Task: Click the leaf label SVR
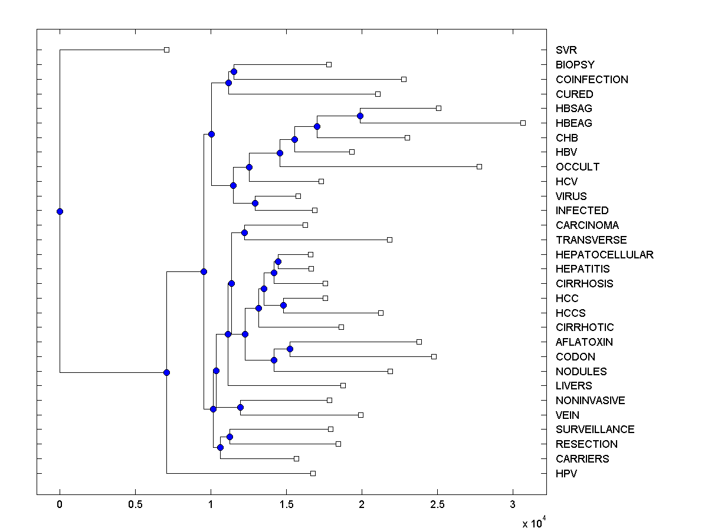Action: click(566, 50)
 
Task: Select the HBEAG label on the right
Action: click(573, 123)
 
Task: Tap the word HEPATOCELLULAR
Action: click(604, 255)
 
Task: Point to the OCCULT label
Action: click(577, 167)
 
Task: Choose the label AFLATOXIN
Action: click(584, 342)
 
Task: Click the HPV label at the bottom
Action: click(566, 474)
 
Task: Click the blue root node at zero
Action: click(60, 211)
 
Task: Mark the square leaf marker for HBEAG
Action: click(523, 123)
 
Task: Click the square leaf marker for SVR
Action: click(166, 50)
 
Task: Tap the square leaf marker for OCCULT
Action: click(479, 166)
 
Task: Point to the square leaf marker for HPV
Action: click(313, 473)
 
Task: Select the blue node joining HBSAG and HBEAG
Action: click(360, 116)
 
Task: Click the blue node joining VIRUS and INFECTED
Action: click(255, 203)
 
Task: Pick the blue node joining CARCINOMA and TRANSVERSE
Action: click(244, 232)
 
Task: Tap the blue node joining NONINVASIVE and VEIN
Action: click(240, 407)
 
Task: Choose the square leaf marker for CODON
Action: click(434, 356)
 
